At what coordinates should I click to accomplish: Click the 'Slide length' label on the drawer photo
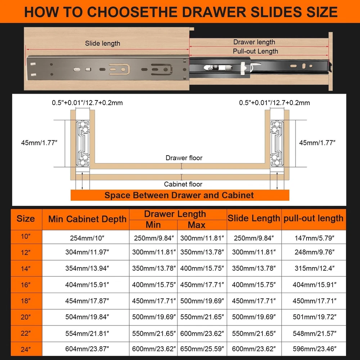(x=102, y=44)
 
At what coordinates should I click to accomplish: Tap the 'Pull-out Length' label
(x=255, y=51)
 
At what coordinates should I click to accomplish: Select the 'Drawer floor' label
(x=184, y=158)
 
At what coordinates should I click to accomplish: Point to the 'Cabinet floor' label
(x=183, y=184)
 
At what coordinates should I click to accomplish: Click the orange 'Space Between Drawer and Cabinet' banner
(x=180, y=195)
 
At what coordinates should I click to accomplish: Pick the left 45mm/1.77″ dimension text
(x=39, y=143)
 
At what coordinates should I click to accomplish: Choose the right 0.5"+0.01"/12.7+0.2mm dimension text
(x=274, y=103)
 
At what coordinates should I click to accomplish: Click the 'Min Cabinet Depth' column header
(x=87, y=219)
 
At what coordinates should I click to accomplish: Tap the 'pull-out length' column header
(x=314, y=218)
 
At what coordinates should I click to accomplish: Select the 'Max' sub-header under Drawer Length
(x=197, y=225)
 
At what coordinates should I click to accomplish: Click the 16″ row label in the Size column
(x=26, y=285)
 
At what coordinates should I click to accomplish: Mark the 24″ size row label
(x=26, y=350)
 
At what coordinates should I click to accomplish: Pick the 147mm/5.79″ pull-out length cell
(x=315, y=238)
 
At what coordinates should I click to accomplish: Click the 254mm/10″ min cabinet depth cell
(x=87, y=238)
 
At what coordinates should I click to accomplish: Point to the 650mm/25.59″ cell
(x=202, y=349)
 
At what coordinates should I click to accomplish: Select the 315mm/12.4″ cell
(x=315, y=268)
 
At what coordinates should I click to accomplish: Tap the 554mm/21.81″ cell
(x=87, y=333)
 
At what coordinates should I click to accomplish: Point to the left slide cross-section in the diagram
(x=83, y=144)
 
